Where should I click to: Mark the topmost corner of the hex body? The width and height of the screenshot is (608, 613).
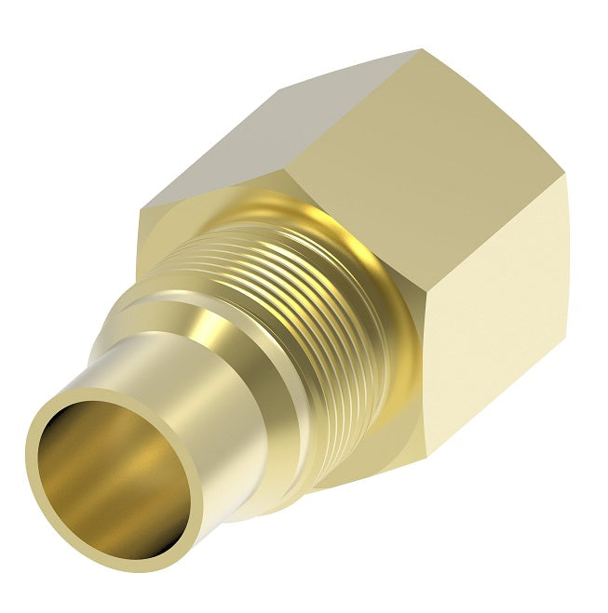[x=421, y=50]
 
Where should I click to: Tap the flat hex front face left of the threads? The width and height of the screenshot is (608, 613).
[x=172, y=242]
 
